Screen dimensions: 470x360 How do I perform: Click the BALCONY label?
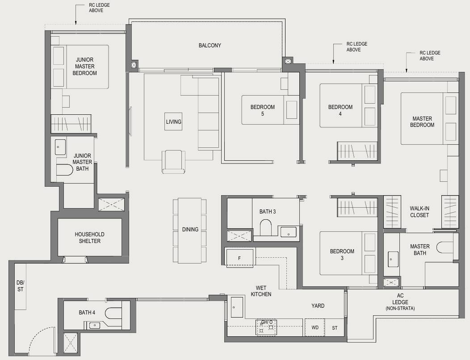tap(210, 45)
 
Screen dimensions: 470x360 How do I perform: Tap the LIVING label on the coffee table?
tap(173, 121)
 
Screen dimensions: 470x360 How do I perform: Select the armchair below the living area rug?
tap(173, 162)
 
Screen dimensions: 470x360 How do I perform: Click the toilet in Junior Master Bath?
tap(65, 170)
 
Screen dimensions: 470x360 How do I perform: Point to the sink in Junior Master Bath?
tap(60, 147)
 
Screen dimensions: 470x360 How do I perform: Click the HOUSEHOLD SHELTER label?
tap(90, 238)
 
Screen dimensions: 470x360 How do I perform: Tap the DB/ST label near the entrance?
tap(21, 286)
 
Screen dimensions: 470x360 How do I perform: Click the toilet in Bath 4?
tap(113, 313)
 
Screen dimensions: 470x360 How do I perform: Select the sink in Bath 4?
tap(95, 325)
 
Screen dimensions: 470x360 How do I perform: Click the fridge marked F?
tap(239, 258)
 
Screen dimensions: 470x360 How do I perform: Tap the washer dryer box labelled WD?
tap(315, 327)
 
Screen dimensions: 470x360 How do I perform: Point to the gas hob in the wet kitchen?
tap(266, 327)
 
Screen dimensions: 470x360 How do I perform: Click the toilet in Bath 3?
tap(265, 227)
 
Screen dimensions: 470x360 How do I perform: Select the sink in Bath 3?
tap(288, 232)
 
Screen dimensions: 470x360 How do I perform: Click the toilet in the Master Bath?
tap(445, 247)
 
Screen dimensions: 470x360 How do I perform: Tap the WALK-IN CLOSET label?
tap(420, 212)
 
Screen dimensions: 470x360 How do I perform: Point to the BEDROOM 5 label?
tap(263, 110)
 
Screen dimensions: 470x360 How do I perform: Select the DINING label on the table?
tap(190, 229)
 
